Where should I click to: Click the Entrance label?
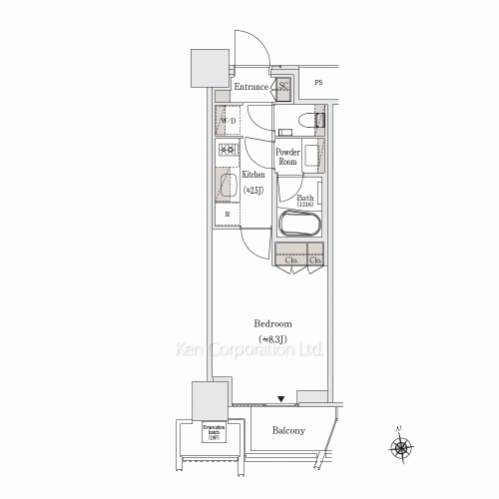coord(251,87)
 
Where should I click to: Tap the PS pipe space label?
coord(318,83)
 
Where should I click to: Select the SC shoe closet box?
coord(283,87)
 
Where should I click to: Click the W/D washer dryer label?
coord(229,123)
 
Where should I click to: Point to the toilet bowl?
coord(318,123)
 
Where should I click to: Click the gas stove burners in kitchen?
coord(226,151)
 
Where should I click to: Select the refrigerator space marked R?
coord(227,215)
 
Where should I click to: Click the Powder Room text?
coord(288,157)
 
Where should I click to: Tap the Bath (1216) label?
coord(304,201)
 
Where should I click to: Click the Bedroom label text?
coord(272,325)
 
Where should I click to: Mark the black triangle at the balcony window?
coord(281,399)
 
